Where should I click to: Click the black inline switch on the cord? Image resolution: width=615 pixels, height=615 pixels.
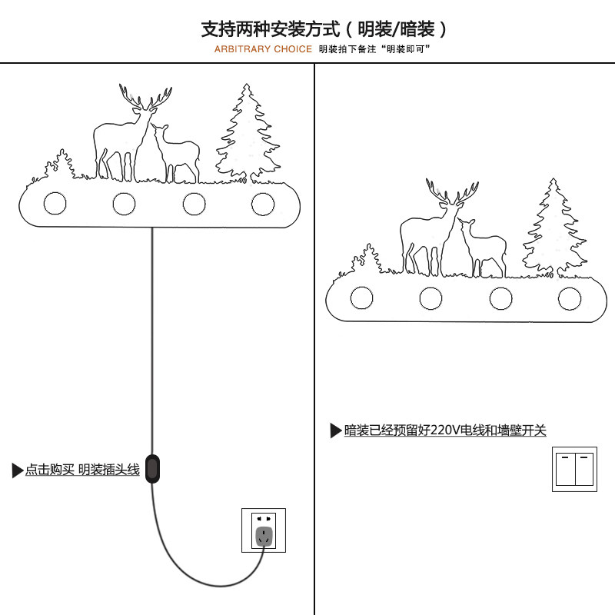point(153,468)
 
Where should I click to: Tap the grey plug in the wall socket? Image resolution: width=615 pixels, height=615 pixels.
point(264,536)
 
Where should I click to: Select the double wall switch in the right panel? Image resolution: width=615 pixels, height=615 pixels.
point(575,469)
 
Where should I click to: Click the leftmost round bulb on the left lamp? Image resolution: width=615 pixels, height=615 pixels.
point(55,203)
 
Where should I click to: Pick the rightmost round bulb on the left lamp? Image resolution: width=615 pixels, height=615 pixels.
point(263,204)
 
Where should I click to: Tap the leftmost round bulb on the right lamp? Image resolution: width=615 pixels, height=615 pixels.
point(362,298)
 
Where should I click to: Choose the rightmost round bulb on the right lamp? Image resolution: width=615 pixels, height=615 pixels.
point(570,298)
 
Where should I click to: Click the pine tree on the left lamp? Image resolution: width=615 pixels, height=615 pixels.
point(247,135)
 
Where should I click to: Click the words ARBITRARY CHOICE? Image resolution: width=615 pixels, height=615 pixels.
point(263,49)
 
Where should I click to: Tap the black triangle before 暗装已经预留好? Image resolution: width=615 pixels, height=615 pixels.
point(336,430)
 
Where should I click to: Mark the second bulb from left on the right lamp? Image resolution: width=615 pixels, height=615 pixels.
point(431,298)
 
